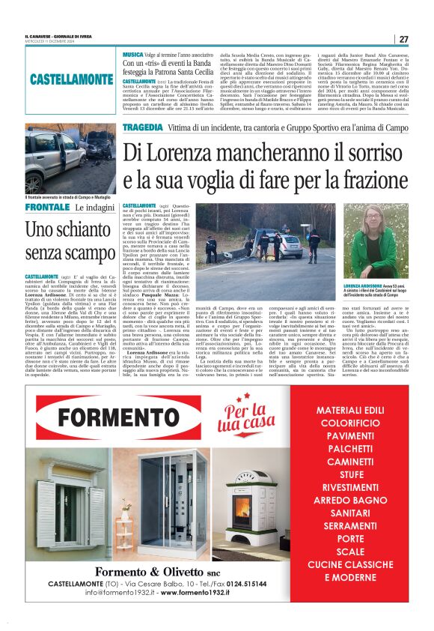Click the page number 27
(x=403, y=39)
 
